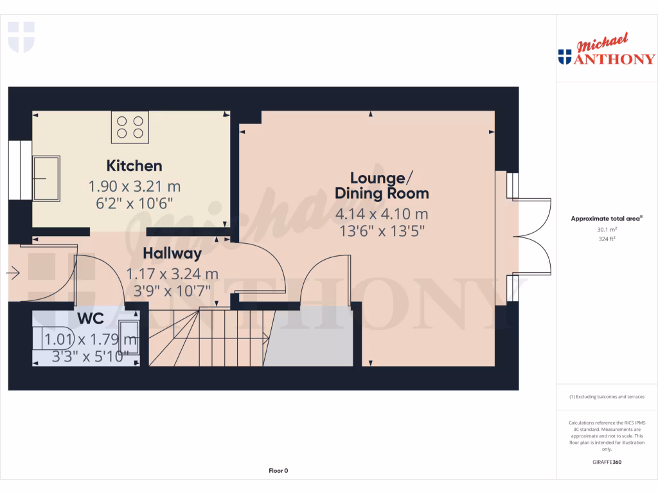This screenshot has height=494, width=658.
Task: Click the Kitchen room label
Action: pos(134,166)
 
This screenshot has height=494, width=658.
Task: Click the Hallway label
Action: pos(172,253)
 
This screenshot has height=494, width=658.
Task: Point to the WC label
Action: pos(91,319)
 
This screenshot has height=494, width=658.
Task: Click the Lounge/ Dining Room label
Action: pos(382,185)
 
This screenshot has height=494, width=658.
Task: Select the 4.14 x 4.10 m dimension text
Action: pos(382,214)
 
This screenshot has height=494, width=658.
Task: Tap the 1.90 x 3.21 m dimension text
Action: pos(134,187)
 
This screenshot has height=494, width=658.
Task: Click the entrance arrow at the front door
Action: pos(13,274)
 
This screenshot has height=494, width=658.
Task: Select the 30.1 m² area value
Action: pos(607,228)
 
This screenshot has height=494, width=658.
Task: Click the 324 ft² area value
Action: pos(607,239)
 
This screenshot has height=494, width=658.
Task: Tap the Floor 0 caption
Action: pos(278,471)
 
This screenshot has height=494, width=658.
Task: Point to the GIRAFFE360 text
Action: pos(607,462)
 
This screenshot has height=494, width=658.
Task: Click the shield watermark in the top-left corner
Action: pos(21,36)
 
